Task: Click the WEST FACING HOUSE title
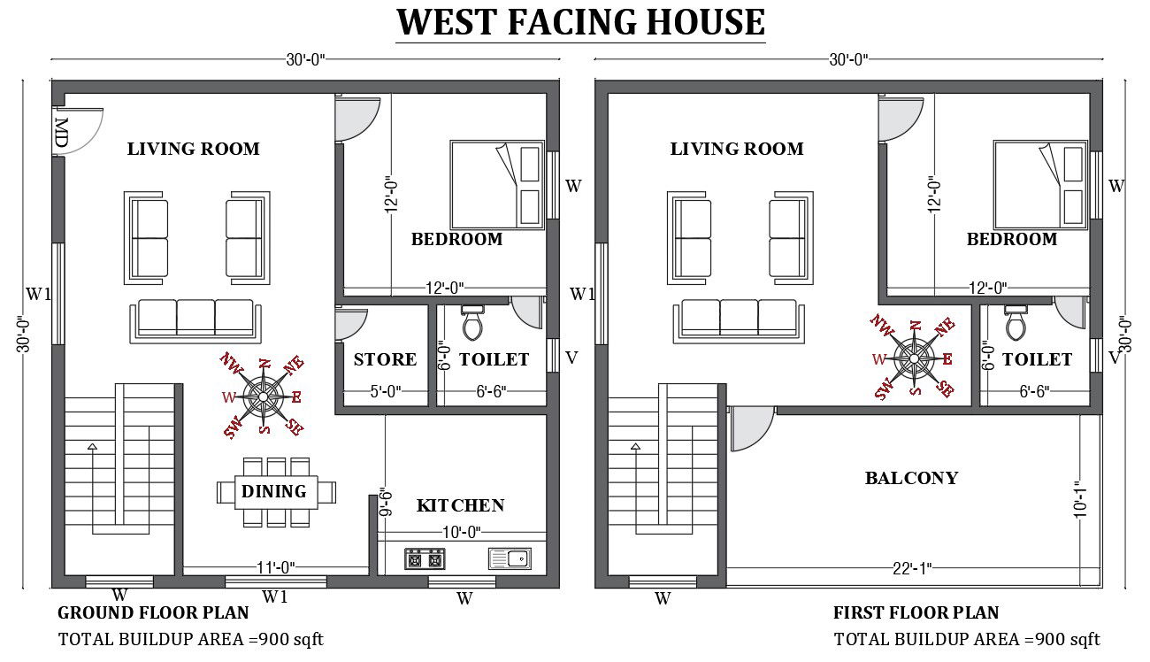pyautogui.click(x=580, y=22)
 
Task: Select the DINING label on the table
pyautogui.click(x=274, y=491)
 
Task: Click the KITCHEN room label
pyautogui.click(x=460, y=505)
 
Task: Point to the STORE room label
pyautogui.click(x=385, y=359)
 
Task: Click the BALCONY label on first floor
pyautogui.click(x=911, y=478)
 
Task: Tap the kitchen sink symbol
pyautogui.click(x=509, y=558)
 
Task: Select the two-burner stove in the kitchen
pyautogui.click(x=425, y=559)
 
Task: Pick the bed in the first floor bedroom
pyautogui.click(x=1040, y=184)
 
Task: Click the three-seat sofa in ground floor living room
pyautogui.click(x=195, y=320)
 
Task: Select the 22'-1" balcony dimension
pyautogui.click(x=911, y=567)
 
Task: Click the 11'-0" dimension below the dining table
pyautogui.click(x=275, y=566)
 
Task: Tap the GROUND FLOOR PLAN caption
pyautogui.click(x=153, y=612)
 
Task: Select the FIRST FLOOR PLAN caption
pyautogui.click(x=916, y=612)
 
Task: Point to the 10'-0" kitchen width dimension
pyautogui.click(x=460, y=532)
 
